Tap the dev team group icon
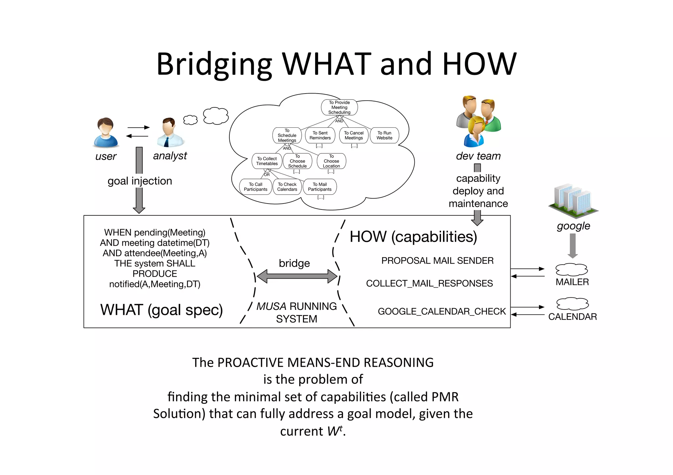point(478,121)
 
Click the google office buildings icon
point(573,201)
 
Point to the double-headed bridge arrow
point(297,276)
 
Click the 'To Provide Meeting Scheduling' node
point(339,107)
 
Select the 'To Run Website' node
point(384,135)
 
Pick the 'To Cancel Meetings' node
point(354,135)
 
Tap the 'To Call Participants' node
point(255,187)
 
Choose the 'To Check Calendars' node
point(287,187)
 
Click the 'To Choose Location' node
point(331,161)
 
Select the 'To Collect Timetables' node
point(267,161)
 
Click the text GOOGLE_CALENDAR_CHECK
point(441,311)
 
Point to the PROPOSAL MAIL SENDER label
point(437,261)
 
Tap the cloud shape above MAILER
point(571,270)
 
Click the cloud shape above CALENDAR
point(572,304)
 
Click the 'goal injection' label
point(140,181)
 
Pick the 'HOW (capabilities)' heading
point(413,237)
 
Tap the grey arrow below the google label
point(572,246)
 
